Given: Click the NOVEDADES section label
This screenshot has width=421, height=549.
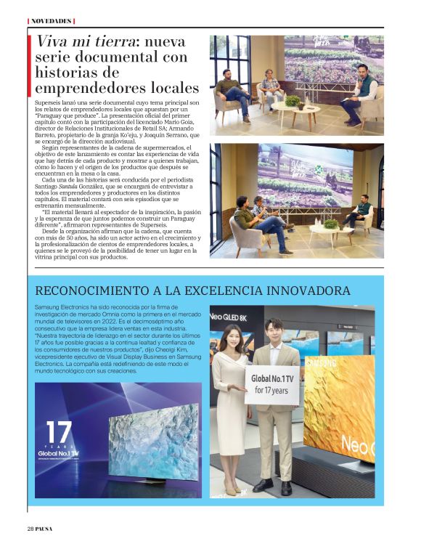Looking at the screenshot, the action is (51, 21).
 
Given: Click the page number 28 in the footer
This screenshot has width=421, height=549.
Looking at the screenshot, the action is (30, 528).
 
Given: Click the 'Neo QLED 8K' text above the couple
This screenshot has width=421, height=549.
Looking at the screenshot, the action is (231, 317).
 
